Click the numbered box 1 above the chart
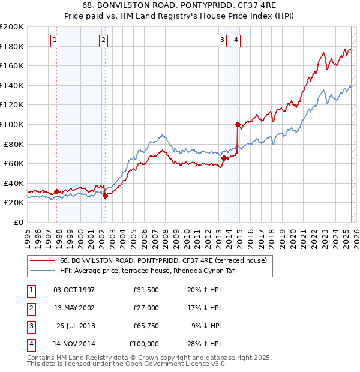55,40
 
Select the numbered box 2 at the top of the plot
103,40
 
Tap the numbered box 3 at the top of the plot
222,40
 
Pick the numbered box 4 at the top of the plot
236,40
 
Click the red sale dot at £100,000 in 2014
238,125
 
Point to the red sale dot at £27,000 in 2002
105,196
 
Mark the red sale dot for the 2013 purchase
224,158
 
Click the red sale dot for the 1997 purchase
56,191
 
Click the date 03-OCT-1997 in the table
74,290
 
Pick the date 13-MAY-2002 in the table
74,308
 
